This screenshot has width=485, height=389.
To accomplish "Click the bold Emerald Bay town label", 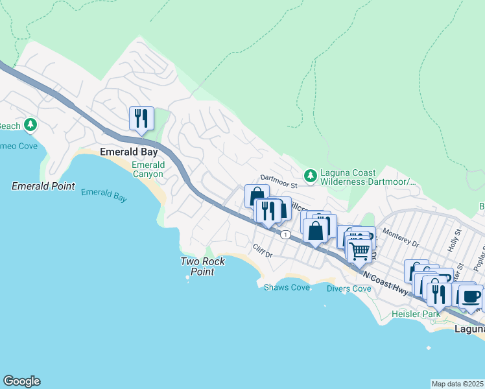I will pos(129,152).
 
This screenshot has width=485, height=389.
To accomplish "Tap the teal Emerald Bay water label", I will pos(104,195).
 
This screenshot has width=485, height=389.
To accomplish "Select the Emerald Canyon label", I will pos(148,170).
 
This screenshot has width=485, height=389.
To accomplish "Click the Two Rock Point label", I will pos(202,266).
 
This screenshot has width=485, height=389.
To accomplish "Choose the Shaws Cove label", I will pos(287,287).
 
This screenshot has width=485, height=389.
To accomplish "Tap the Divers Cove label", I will pos(349,289).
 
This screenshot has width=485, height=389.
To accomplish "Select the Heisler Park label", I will pos(416,314).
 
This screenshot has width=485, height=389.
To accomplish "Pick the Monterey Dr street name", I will pos(402,237).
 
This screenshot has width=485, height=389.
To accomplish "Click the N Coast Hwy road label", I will pos(386,285).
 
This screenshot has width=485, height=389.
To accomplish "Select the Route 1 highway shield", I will pos(285,235).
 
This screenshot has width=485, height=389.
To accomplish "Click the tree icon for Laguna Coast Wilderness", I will pos(311,175).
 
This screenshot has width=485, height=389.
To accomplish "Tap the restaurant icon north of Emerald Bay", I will pos(141,118).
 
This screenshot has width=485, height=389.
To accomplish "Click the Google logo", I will pos(21,381).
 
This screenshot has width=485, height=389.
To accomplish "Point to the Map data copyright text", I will pos(458,384).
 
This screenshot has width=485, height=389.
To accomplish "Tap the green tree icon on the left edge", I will pos(30,124).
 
